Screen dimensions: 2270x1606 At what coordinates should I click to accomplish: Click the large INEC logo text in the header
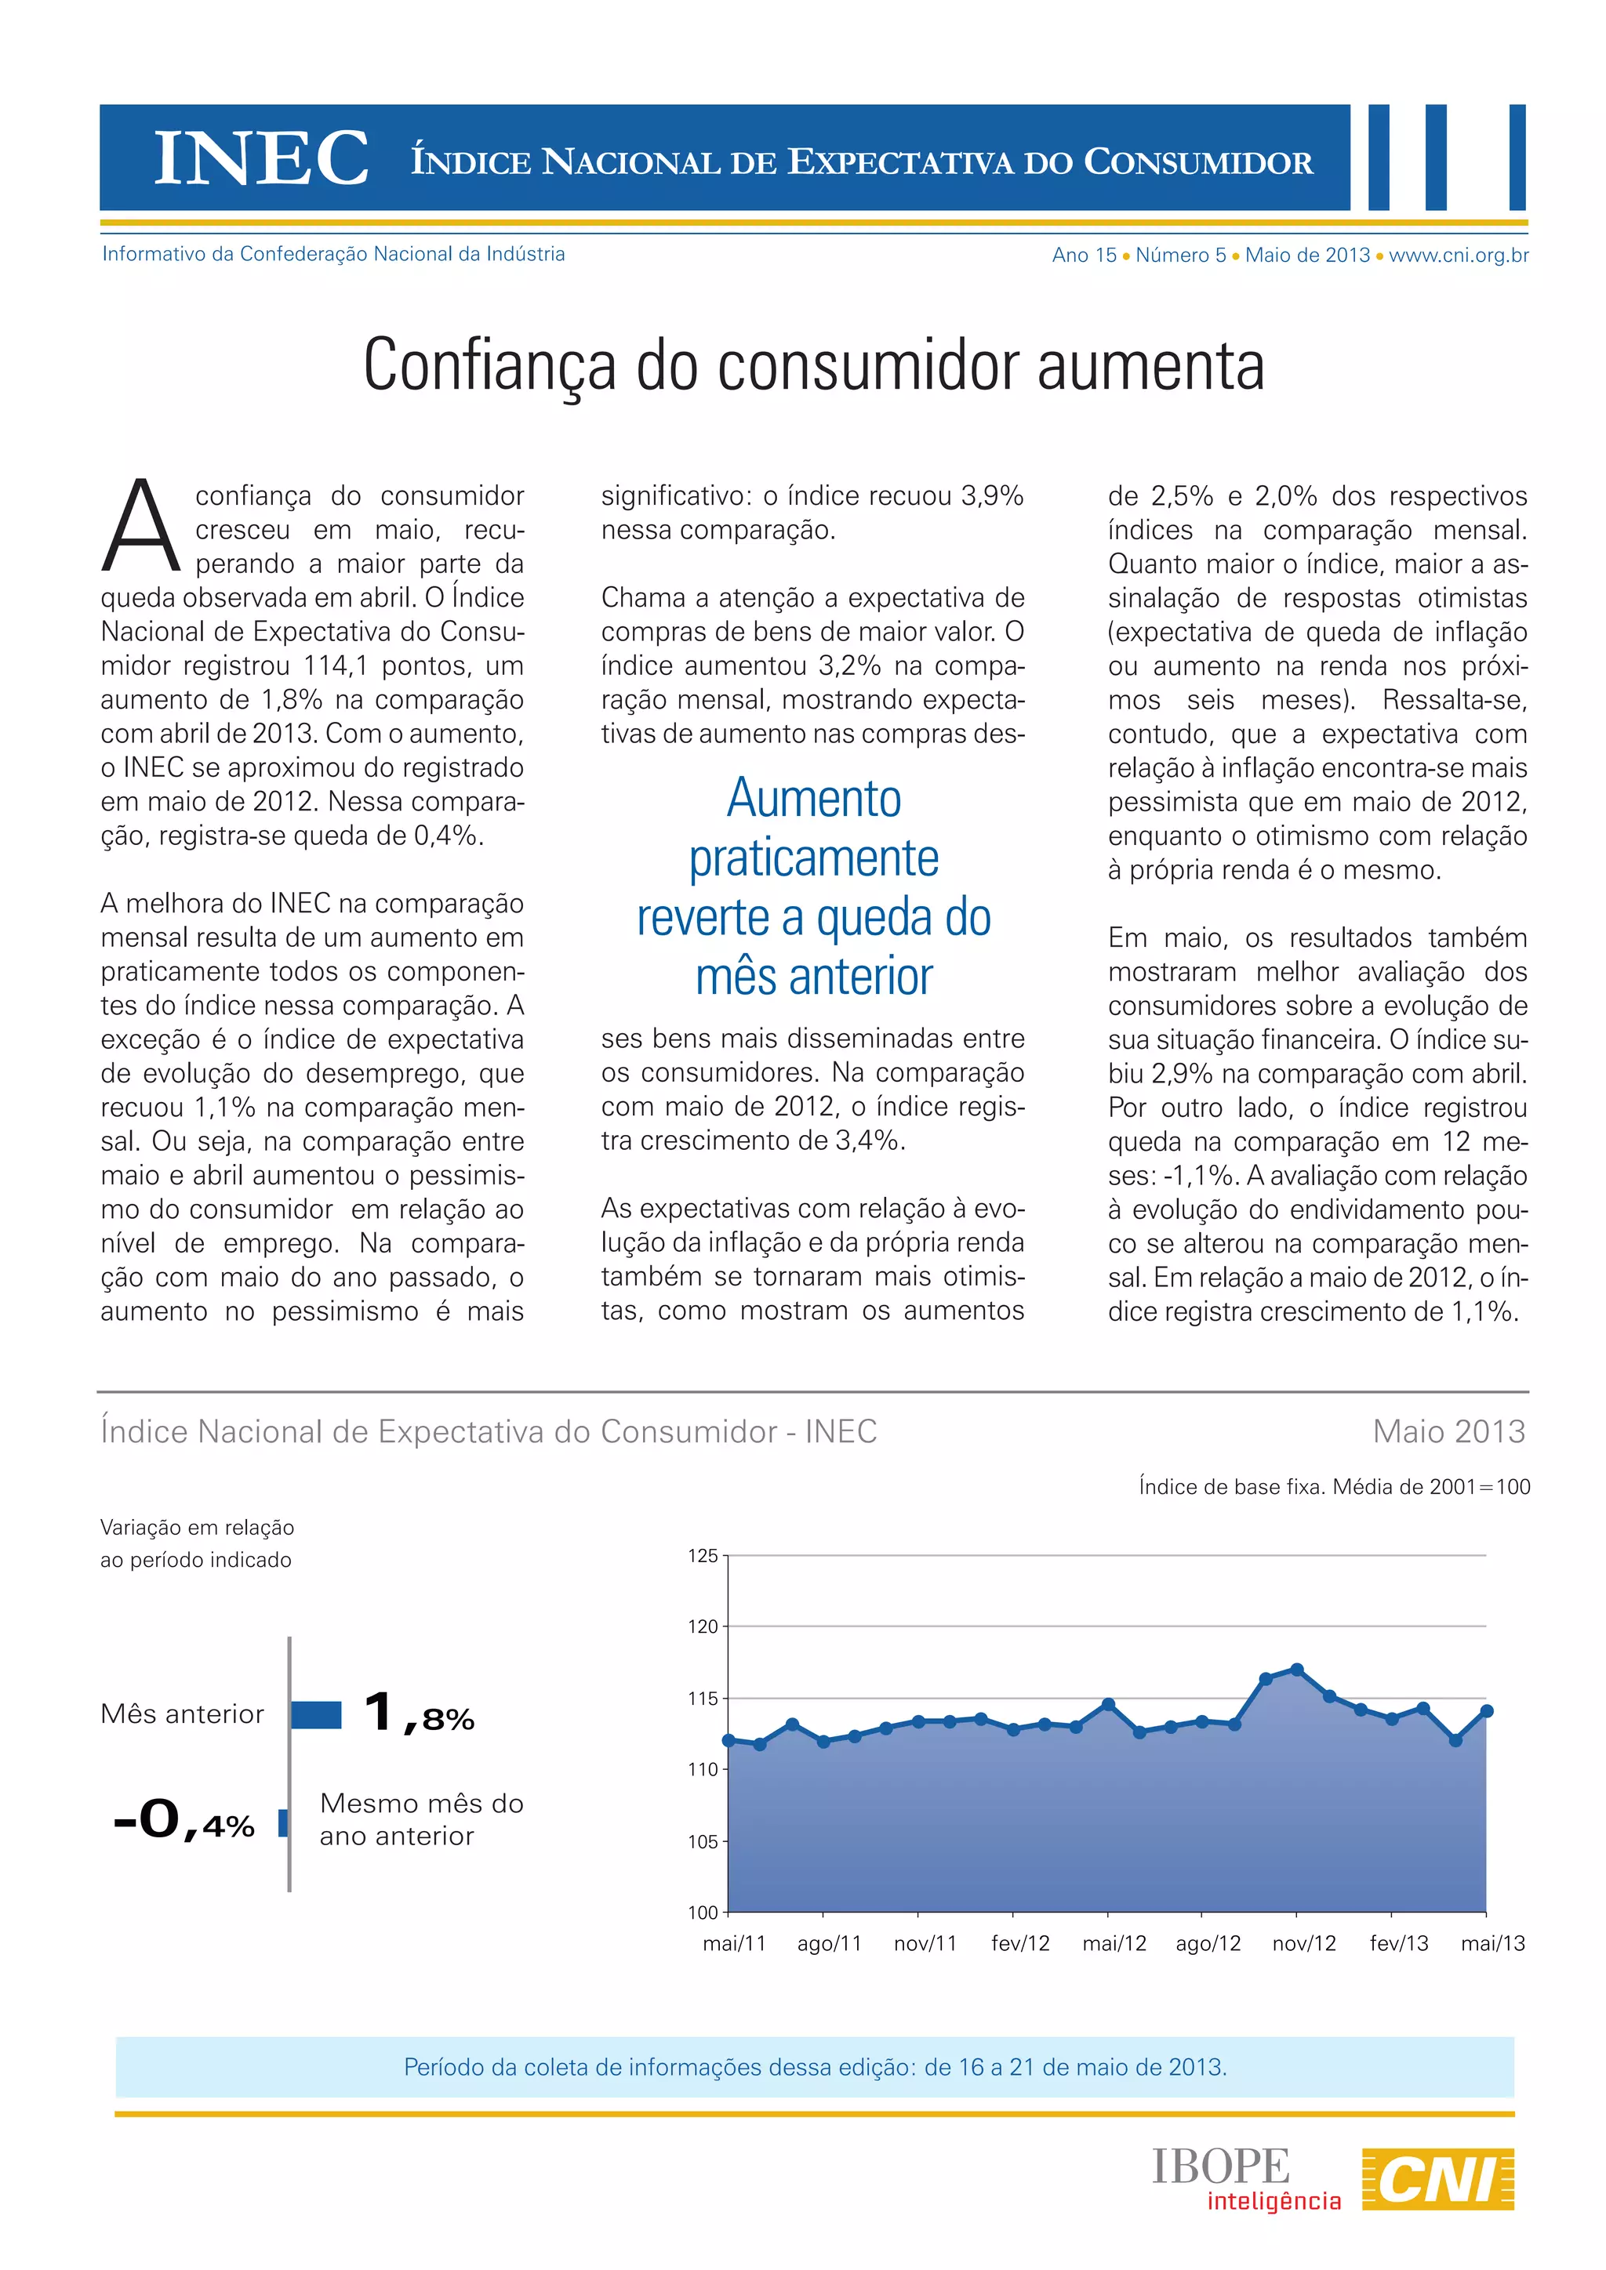pyautogui.click(x=262, y=158)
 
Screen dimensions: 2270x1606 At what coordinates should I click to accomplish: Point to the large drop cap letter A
pyautogui.click(x=141, y=526)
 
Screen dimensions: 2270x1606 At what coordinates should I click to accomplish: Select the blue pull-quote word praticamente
pyautogui.click(x=813, y=858)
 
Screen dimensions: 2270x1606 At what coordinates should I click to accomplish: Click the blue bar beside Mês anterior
pyautogui.click(x=317, y=1714)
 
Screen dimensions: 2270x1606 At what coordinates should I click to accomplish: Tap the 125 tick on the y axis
pyautogui.click(x=703, y=1556)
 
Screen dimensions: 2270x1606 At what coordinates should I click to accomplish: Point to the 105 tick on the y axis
pyautogui.click(x=703, y=1842)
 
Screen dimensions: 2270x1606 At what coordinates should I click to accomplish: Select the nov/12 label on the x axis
pyautogui.click(x=1303, y=1944)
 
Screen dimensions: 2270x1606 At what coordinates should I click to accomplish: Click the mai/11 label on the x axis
pyautogui.click(x=734, y=1944)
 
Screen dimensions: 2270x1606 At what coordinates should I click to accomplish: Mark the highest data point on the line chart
pyautogui.click(x=1296, y=1670)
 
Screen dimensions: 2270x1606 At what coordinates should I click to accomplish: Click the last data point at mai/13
pyautogui.click(x=1486, y=1711)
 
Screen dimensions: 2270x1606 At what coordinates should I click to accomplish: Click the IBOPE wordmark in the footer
pyautogui.click(x=1220, y=2167)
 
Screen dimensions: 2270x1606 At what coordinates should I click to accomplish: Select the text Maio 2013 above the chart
pyautogui.click(x=1448, y=1431)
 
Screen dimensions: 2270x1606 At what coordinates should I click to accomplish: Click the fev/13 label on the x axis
pyautogui.click(x=1398, y=1944)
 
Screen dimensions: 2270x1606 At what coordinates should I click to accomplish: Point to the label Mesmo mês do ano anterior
pyautogui.click(x=421, y=1819)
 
